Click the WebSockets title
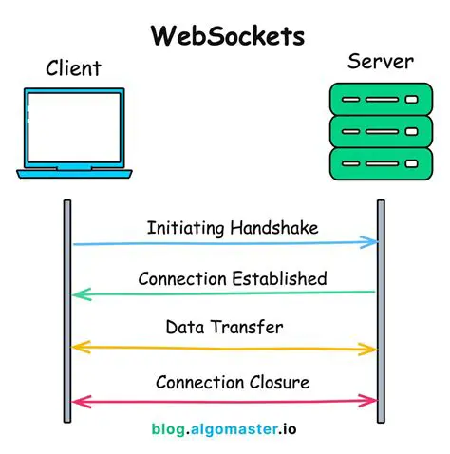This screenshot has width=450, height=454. point(228,35)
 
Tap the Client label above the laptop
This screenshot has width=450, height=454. point(73,69)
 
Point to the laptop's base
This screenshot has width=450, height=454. point(72,172)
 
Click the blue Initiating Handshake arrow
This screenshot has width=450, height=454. point(225,244)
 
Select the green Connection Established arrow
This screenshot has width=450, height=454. point(225,293)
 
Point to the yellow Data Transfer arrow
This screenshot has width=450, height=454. point(225,348)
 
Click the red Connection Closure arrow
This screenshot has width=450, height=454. point(225,400)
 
